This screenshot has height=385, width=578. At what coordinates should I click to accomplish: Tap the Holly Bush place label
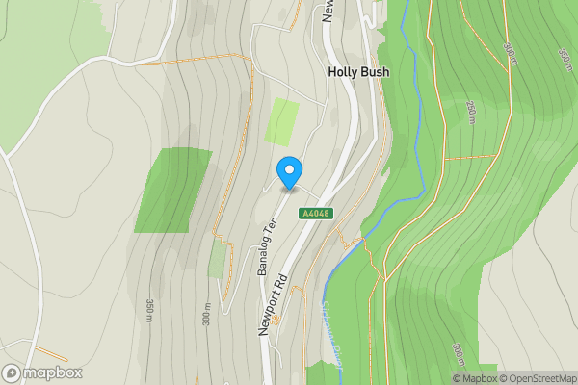click(x=357, y=71)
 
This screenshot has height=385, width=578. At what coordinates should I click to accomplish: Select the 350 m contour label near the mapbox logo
click(x=150, y=310)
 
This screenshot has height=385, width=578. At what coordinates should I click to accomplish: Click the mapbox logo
click(x=41, y=372)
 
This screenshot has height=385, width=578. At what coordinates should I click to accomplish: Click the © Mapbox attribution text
click(x=476, y=377)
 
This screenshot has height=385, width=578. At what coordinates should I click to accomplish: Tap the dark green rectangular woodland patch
click(x=172, y=191)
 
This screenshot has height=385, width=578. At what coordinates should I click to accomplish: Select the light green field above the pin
click(x=282, y=121)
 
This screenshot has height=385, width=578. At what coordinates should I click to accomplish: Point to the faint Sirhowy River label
click(x=329, y=332)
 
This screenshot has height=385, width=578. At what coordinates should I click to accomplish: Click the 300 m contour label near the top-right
click(x=509, y=49)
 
